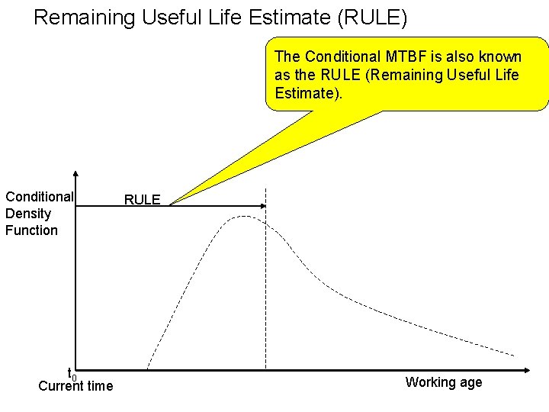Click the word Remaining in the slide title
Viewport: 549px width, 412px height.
click(78, 17)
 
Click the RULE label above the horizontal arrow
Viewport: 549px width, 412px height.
click(142, 200)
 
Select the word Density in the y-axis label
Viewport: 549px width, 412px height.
click(27, 214)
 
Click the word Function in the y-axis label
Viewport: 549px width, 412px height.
click(31, 230)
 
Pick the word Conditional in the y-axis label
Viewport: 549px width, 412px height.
click(39, 197)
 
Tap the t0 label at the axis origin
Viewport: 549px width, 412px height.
click(72, 375)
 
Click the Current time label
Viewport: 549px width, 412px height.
click(75, 386)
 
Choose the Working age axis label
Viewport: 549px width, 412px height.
click(444, 382)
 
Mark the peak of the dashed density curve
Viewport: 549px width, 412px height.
click(242, 217)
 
